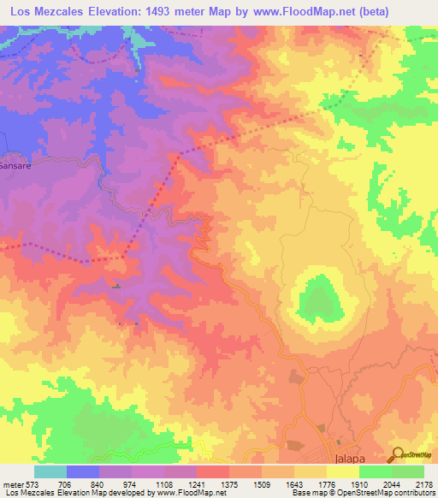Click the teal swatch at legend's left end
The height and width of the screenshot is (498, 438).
(50, 471)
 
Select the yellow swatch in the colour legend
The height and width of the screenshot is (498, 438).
(342, 471)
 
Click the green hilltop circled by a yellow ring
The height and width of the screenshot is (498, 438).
(318, 300)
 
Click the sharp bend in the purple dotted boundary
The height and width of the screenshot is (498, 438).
(124, 256)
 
